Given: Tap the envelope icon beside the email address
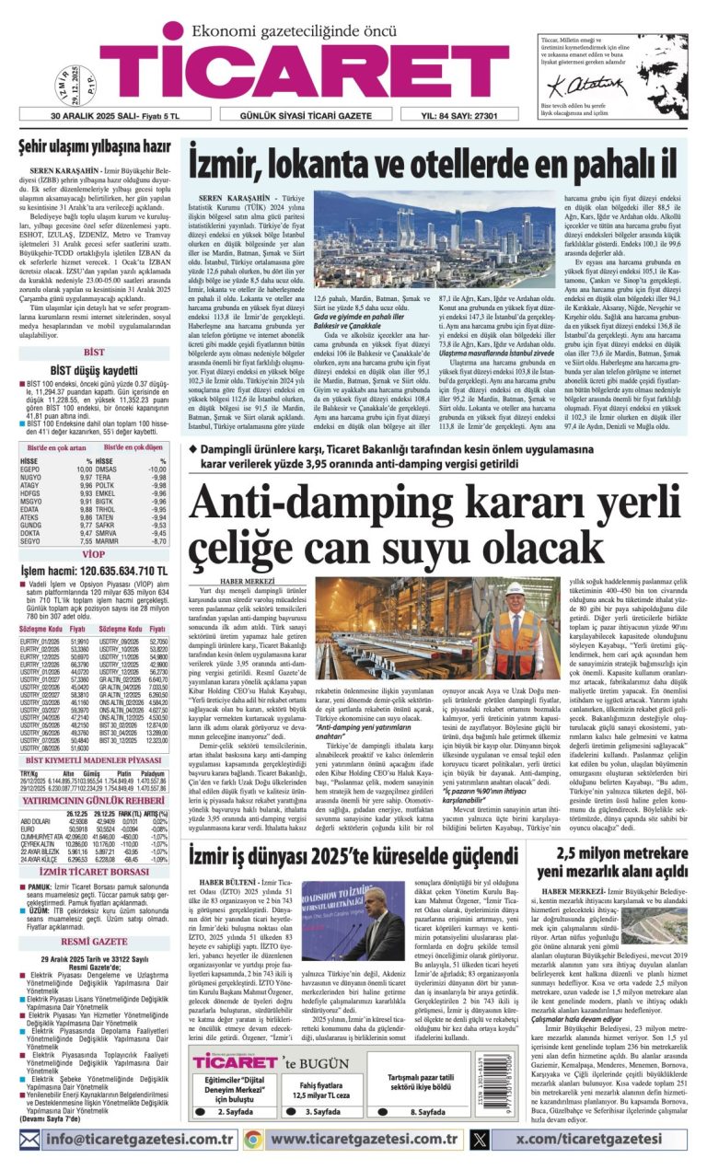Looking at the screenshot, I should (30, 1140).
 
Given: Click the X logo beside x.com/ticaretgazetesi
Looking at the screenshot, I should (479, 1140).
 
